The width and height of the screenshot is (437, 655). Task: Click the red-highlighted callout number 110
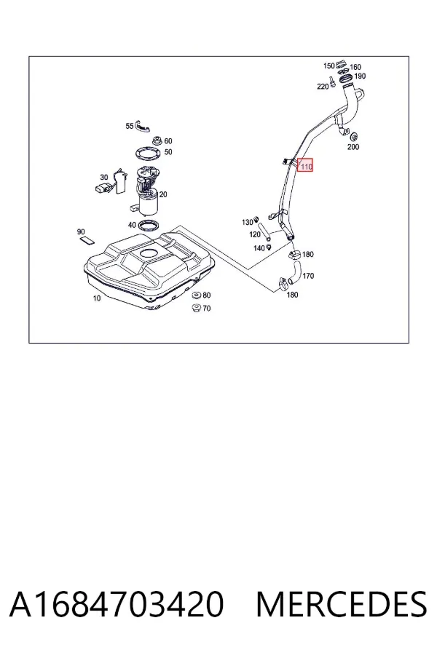(306, 167)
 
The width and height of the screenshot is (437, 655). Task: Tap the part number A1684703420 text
(117, 604)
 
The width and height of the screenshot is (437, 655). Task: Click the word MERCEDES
(342, 604)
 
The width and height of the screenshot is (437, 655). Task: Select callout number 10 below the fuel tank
(97, 298)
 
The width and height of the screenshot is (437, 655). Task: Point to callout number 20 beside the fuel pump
(163, 194)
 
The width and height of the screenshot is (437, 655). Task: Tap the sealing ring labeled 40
(148, 226)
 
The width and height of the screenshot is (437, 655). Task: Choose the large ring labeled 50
(149, 154)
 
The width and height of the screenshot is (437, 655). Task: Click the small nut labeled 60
(157, 140)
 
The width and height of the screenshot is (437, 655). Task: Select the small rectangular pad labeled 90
(87, 239)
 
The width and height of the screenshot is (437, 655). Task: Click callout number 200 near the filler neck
(353, 146)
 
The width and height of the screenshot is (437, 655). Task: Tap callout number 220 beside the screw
(323, 87)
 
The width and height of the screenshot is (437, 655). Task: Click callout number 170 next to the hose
(308, 276)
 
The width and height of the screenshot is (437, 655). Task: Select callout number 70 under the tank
(207, 309)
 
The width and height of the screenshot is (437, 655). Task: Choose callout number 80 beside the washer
(207, 295)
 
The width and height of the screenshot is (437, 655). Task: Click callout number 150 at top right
(328, 66)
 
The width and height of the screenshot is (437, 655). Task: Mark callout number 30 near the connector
(104, 177)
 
